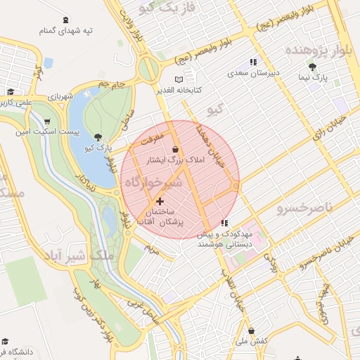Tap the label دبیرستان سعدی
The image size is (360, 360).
click(x=256, y=72)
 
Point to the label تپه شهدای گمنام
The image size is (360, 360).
click(x=65, y=32)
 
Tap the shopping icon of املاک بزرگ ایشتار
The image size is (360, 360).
click(x=175, y=150)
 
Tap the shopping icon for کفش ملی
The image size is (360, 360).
click(x=251, y=331)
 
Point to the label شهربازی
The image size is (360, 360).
click(x=47, y=95)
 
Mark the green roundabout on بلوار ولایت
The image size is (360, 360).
click(x=148, y=68)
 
